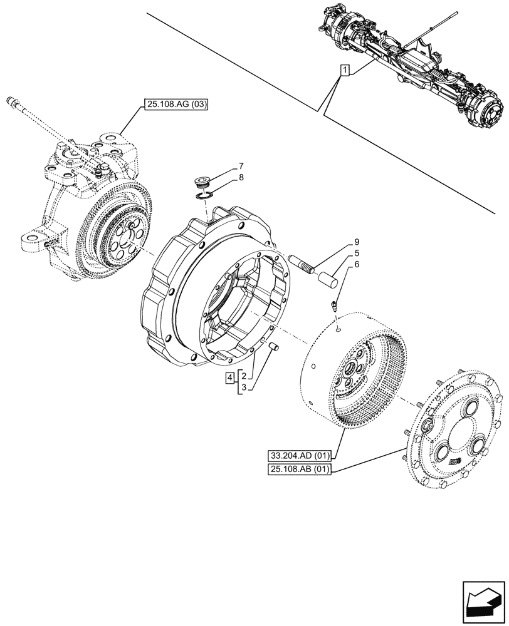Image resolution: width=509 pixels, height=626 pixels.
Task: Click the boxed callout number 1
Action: pyautogui.click(x=344, y=69)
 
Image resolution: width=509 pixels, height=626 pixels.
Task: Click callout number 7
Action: pyautogui.click(x=240, y=167)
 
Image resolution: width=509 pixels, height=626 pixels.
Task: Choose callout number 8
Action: pyautogui.click(x=240, y=178)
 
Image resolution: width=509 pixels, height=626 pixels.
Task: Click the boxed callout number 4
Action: pyautogui.click(x=231, y=377)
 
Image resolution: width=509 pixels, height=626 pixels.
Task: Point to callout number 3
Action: pyautogui.click(x=243, y=388)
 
